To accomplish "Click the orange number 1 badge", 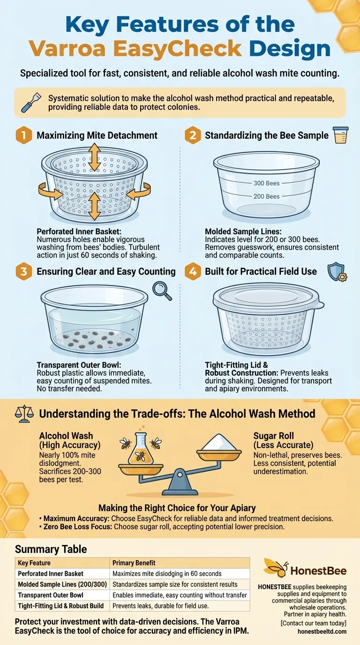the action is point(23,135).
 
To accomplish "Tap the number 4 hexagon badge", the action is point(193,271).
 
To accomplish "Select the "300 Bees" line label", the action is point(266,183).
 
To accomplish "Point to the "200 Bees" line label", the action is point(266,196).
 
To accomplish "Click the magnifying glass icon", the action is point(162,291).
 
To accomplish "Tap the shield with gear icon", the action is point(337,272).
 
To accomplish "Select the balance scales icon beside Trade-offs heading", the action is point(24,413).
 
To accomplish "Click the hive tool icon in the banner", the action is point(31,102).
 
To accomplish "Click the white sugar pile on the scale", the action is point(219,442).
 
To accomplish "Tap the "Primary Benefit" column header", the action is point(134,562).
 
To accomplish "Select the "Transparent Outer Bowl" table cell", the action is point(51,595).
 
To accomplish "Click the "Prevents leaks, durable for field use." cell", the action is point(160,606).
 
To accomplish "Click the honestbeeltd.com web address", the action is point(322,631).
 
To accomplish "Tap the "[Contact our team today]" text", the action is point(314,623).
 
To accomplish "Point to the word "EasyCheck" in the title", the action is point(177,49).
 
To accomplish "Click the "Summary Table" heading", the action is point(51,549).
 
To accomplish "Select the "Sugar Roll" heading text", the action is point(274,435).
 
